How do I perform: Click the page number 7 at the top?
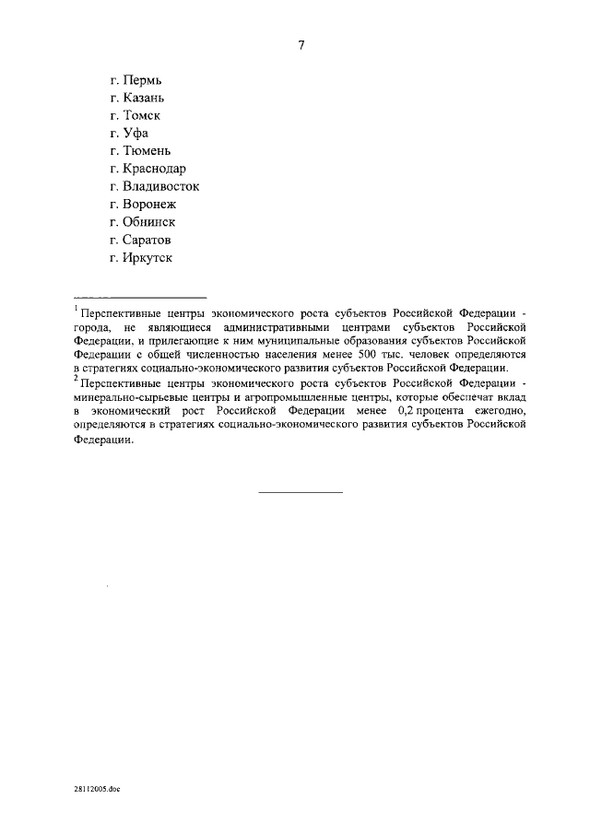(x=301, y=47)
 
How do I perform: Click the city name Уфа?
(x=136, y=134)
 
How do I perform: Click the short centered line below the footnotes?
(x=301, y=491)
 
